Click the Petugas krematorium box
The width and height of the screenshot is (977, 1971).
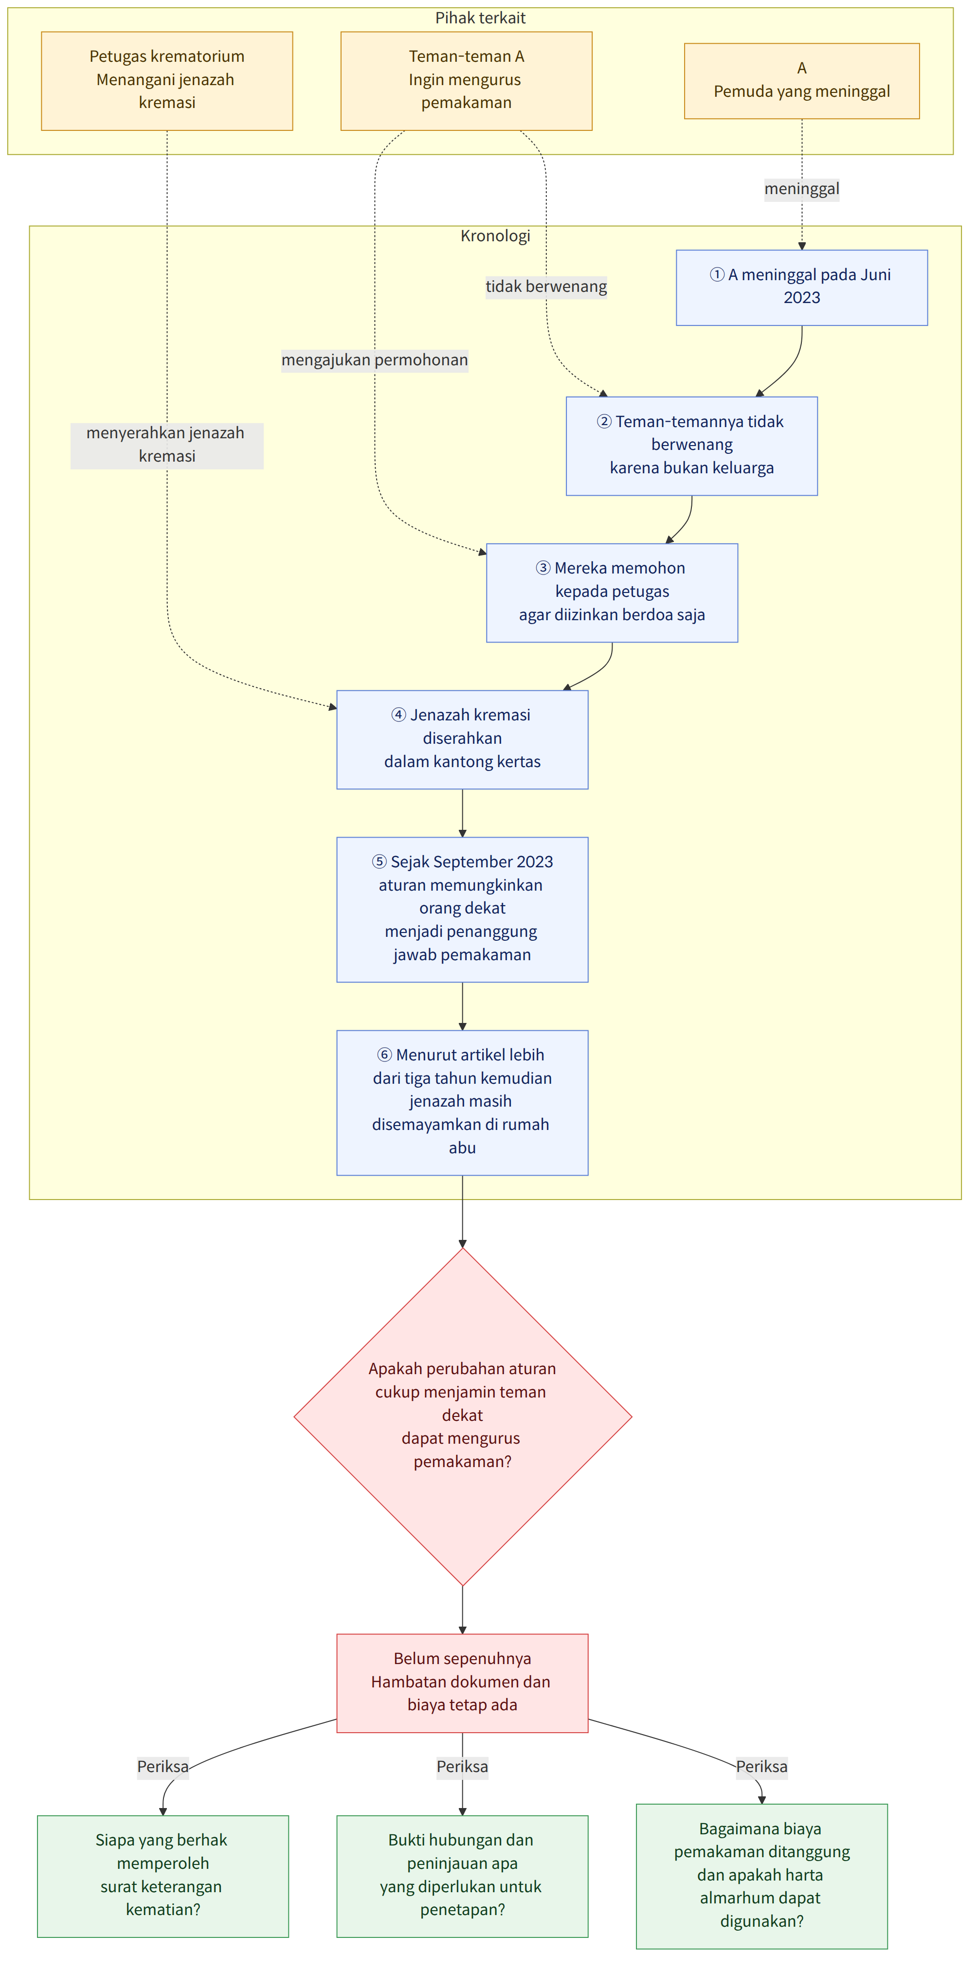(167, 81)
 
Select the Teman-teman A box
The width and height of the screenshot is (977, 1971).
(466, 81)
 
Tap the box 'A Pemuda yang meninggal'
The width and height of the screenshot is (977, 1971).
(802, 81)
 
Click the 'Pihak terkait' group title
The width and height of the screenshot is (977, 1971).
(480, 18)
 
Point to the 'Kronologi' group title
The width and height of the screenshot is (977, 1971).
(495, 235)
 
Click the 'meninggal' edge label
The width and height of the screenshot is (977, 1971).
(802, 189)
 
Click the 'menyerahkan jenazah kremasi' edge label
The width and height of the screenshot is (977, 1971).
(167, 445)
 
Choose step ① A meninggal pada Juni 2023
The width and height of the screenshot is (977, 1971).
(802, 287)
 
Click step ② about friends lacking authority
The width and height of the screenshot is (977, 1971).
(691, 446)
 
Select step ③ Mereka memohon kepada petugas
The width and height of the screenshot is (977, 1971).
(612, 593)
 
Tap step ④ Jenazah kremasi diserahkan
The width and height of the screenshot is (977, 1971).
(462, 740)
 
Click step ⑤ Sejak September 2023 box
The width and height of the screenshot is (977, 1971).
(462, 910)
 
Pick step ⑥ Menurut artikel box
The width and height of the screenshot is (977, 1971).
(462, 1103)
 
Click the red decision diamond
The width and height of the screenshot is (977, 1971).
(462, 1417)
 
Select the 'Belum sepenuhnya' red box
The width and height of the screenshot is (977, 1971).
(462, 1684)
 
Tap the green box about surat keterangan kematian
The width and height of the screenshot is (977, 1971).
(163, 1876)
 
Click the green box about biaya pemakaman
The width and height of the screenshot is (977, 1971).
(762, 1876)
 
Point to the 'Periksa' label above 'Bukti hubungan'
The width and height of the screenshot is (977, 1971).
(462, 1767)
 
